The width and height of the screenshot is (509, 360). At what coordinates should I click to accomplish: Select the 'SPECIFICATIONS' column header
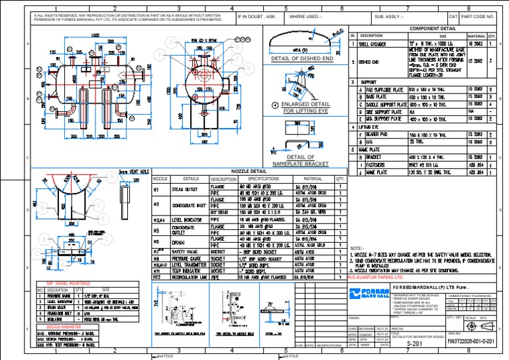point(263,179)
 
